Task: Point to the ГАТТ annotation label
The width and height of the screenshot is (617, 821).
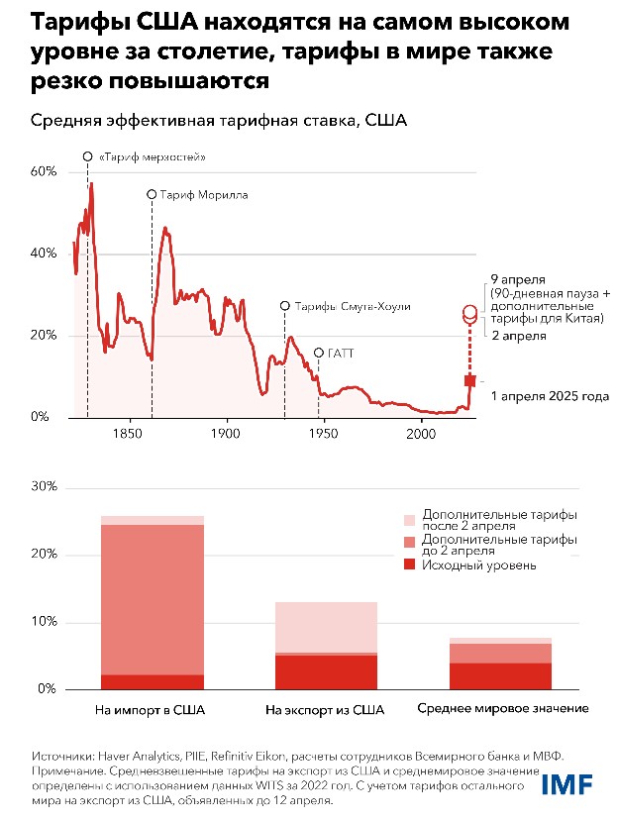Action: [x=342, y=353]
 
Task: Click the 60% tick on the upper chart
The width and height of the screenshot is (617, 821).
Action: [x=46, y=171]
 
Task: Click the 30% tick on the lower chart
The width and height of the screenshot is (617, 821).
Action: [x=46, y=488]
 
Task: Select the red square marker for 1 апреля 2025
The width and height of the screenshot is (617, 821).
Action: [x=470, y=381]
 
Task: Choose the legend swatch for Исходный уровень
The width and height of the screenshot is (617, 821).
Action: [x=410, y=565]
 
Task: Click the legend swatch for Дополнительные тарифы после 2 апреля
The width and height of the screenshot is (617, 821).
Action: [x=410, y=520]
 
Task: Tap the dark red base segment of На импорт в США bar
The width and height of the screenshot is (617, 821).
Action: [x=153, y=681]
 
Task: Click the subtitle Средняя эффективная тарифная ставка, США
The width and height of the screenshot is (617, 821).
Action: [x=210, y=121]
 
